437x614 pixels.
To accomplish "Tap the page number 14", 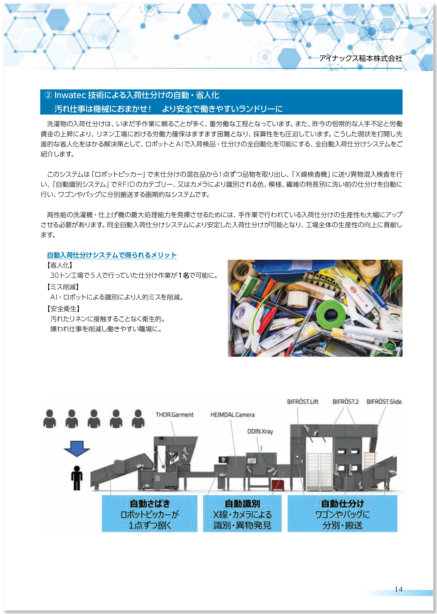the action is (x=399, y=589).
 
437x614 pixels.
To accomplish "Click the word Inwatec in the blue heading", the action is (x=70, y=95).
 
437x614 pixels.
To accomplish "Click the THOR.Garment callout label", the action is (x=174, y=415).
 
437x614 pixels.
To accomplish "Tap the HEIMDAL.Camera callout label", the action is (x=232, y=415).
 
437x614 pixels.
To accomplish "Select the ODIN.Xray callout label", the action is (x=260, y=432).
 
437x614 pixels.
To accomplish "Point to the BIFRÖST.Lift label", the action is (x=302, y=402).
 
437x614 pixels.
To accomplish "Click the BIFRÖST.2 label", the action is (x=346, y=402).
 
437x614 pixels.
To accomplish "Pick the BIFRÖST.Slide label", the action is (x=384, y=402).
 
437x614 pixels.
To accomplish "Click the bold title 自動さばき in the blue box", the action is (x=150, y=503).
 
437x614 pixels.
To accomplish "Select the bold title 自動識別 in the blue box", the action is (x=242, y=503).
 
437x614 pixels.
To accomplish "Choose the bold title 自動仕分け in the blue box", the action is (x=342, y=503).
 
